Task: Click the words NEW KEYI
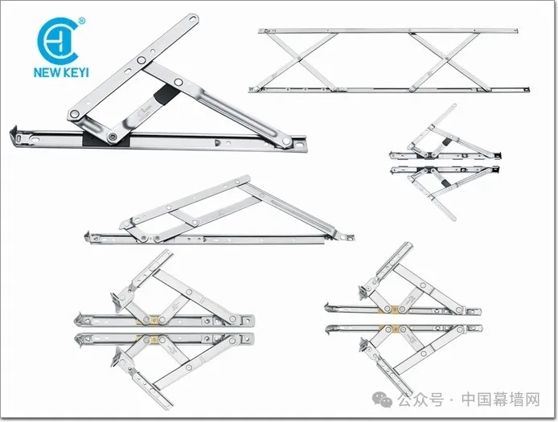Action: point(61,72)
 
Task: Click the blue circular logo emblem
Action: point(57,41)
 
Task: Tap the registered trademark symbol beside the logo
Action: point(82,21)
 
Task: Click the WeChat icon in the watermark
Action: point(382,399)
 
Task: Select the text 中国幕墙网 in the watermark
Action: point(501,399)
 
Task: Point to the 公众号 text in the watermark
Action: point(421,399)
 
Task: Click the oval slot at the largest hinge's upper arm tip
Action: point(192,19)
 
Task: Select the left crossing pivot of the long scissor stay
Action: point(299,59)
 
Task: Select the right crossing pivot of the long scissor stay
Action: point(446,59)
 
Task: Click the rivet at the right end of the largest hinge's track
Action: point(286,141)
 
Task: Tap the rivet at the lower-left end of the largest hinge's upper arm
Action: point(75,114)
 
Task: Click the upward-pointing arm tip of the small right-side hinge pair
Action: point(454,105)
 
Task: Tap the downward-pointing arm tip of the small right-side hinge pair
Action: point(453,218)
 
